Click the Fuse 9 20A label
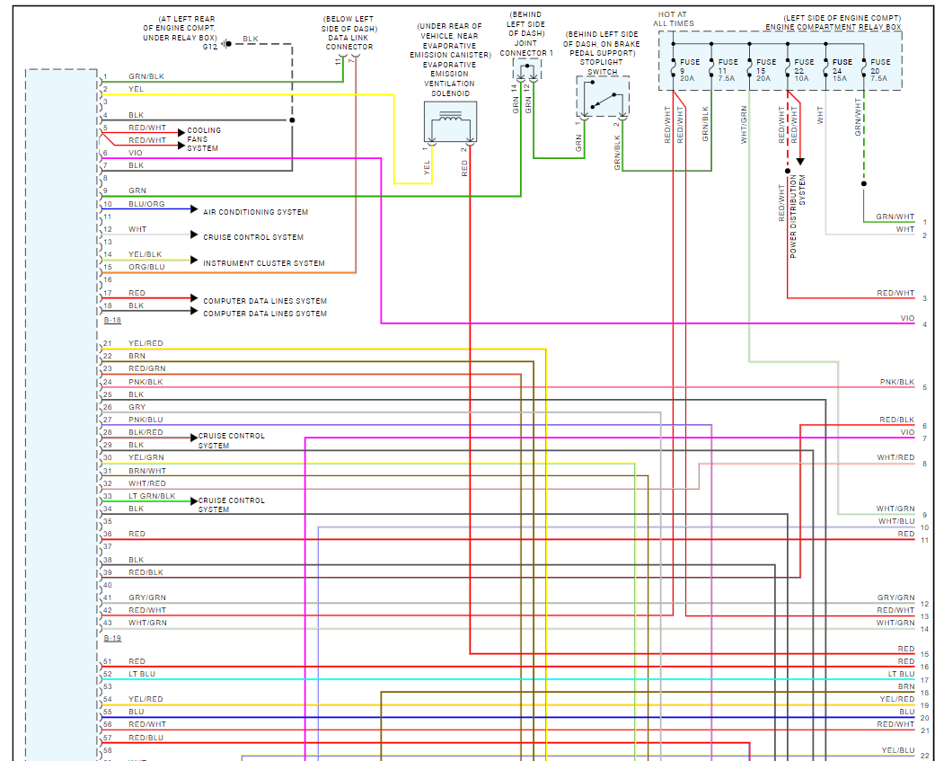point(688,70)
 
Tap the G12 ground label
point(209,47)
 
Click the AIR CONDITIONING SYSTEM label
point(255,213)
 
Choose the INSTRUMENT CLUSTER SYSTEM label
point(263,263)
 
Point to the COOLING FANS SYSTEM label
point(204,139)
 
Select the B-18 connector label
point(112,320)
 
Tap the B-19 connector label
point(112,638)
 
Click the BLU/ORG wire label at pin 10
point(146,204)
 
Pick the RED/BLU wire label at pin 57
point(146,738)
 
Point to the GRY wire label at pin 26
point(137,407)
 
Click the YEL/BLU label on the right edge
point(897,750)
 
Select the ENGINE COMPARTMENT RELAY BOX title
point(833,28)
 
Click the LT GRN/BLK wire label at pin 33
point(149,496)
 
